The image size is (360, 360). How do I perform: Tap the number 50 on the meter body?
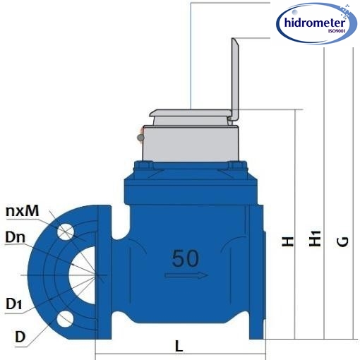pyautogui.click(x=185, y=258)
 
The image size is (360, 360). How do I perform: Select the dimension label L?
pyautogui.click(x=179, y=347)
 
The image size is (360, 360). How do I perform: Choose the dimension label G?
pyautogui.click(x=342, y=241)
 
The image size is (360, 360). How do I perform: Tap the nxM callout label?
pyautogui.click(x=20, y=210)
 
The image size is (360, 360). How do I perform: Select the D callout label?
pyautogui.click(x=20, y=336)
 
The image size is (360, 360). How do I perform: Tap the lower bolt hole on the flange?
pyautogui.click(x=66, y=319)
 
